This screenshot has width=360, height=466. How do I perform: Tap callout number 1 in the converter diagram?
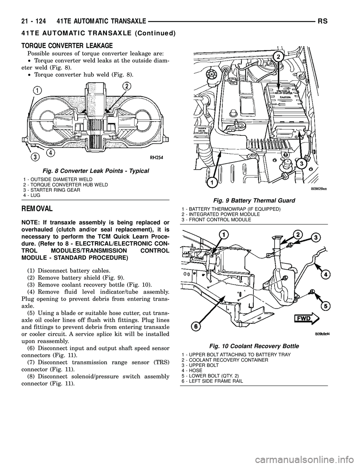[x=37, y=90]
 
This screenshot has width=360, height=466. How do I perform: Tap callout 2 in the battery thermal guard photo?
[x=278, y=57]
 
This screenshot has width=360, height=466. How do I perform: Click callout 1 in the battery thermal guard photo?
[x=211, y=182]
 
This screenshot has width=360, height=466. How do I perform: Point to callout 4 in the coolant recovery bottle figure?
[x=326, y=274]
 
